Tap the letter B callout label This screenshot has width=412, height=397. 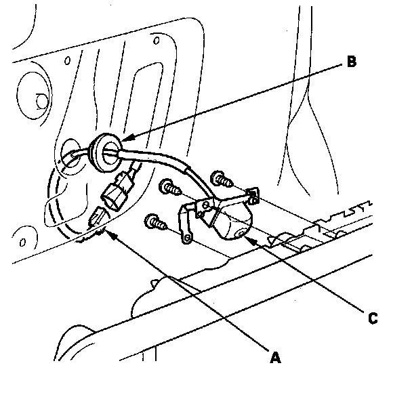click(350, 62)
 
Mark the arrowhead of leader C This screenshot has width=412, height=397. click(247, 238)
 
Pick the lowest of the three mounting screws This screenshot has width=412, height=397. click(153, 222)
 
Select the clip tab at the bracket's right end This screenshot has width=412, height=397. click(253, 197)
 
